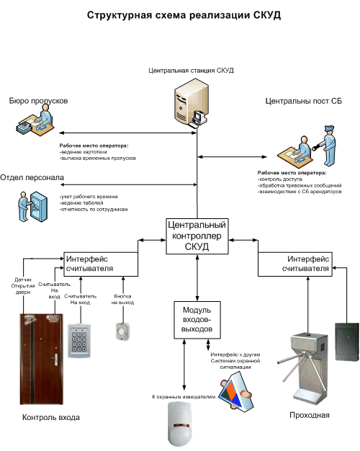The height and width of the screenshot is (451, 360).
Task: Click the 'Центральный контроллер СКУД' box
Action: pyautogui.click(x=197, y=236)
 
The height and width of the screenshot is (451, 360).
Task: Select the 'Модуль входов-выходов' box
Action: pyautogui.click(x=197, y=320)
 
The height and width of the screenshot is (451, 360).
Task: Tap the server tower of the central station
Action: pyautogui.click(x=188, y=105)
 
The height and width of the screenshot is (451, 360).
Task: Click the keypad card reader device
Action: pyautogui.click(x=79, y=341)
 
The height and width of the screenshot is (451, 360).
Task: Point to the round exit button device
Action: pyautogui.click(x=123, y=331)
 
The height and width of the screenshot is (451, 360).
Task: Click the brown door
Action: pyautogui.click(x=42, y=359)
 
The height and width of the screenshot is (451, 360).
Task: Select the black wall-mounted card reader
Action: pyautogui.click(x=347, y=341)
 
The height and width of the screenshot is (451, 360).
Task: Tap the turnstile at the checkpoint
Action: pyautogui.click(x=306, y=369)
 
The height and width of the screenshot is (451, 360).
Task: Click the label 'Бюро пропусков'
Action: pyautogui.click(x=39, y=101)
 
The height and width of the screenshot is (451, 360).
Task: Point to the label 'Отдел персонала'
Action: pyautogui.click(x=32, y=177)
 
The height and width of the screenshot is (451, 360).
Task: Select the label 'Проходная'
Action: pyautogui.click(x=310, y=415)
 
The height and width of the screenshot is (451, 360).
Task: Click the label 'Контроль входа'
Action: pyautogui.click(x=51, y=417)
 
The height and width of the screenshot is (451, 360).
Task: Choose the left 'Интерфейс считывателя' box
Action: pyautogui.click(x=101, y=264)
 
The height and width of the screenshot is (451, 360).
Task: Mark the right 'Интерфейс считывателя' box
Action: pyautogui.click(x=295, y=264)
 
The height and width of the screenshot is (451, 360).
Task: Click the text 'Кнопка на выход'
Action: pyautogui.click(x=123, y=299)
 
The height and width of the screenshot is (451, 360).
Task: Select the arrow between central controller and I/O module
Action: pyautogui.click(x=197, y=278)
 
